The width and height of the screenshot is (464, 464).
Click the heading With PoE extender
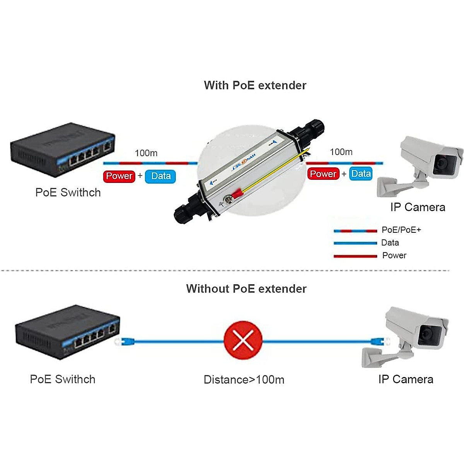point(255,85)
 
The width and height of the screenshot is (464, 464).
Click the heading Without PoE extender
point(246,289)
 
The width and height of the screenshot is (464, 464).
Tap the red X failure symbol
point(243,340)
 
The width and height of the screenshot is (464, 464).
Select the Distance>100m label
point(244,380)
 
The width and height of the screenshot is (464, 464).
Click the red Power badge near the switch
point(119,176)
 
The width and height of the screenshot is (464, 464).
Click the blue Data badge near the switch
point(160,176)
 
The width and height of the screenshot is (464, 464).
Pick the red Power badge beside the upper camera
point(323,174)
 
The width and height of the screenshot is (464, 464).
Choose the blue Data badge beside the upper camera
point(361,174)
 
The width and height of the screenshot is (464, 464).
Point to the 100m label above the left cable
point(146,153)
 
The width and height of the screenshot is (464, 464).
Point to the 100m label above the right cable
point(341,152)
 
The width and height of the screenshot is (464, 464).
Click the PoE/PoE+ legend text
point(401,230)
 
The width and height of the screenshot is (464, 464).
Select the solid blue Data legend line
point(355,243)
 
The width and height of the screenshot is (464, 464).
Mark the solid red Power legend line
point(355,256)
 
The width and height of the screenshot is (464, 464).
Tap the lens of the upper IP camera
point(441,163)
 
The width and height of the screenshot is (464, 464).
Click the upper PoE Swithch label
point(68,193)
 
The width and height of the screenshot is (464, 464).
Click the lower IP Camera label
point(406,379)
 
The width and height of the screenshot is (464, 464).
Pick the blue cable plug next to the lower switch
point(126,341)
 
